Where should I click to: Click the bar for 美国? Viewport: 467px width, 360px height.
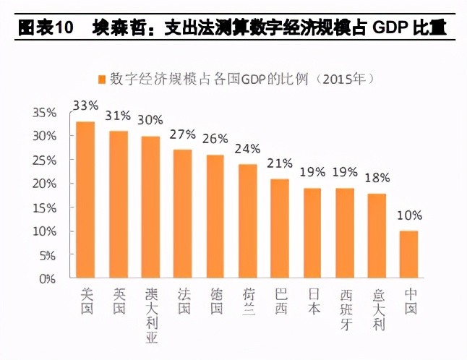(85, 200)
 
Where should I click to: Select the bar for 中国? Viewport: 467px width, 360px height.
(410, 254)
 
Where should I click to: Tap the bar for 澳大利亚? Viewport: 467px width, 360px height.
(150, 207)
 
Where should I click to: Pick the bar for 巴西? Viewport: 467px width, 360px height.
(280, 228)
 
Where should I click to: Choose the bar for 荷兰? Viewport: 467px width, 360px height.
(248, 221)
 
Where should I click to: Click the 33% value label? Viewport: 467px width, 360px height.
(85, 105)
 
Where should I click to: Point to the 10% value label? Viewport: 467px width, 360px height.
(410, 215)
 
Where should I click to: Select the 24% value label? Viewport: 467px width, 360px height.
(248, 149)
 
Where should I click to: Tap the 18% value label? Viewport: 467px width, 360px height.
(377, 178)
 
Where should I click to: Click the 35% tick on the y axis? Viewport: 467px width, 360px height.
(45, 113)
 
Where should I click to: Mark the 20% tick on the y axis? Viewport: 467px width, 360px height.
(45, 184)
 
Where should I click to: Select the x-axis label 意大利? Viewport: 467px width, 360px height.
(377, 309)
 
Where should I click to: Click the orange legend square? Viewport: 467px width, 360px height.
(101, 79)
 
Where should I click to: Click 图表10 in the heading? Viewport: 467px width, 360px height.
(46, 29)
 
